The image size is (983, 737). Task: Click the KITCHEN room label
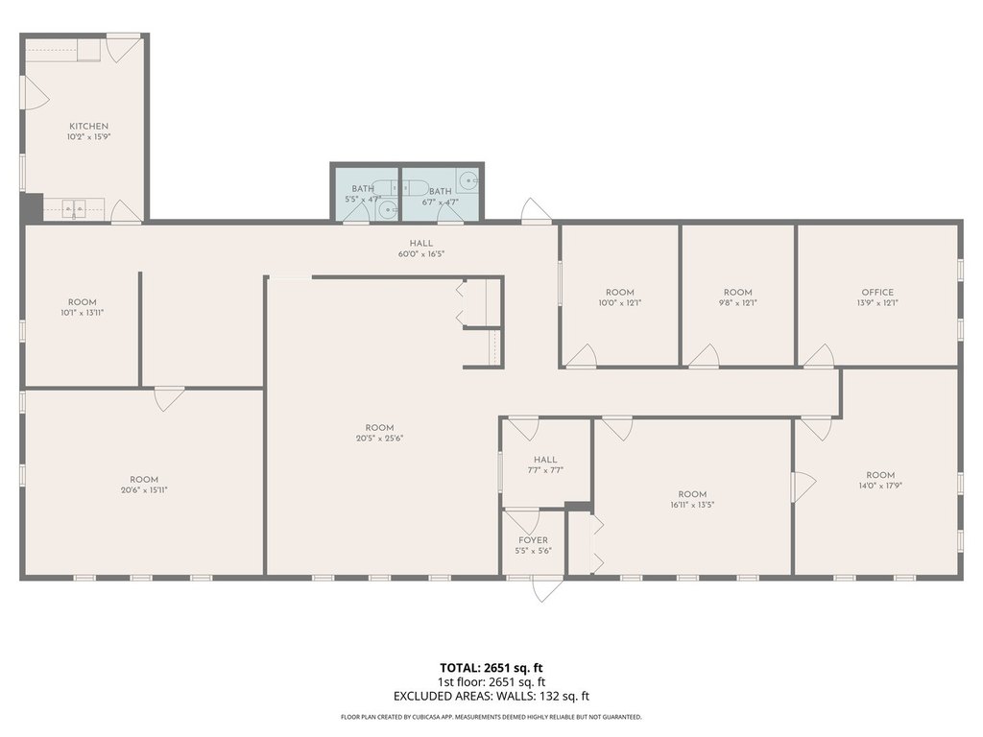[88, 126]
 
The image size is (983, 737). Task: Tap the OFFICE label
[877, 292]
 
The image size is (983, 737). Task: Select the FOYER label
[533, 540]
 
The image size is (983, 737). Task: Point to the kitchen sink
[74, 209]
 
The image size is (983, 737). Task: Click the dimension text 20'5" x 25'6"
[379, 438]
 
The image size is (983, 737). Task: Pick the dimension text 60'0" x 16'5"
[421, 253]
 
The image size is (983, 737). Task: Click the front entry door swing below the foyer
[546, 589]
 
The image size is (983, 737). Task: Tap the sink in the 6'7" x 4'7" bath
[468, 181]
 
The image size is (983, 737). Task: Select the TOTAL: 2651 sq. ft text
[491, 668]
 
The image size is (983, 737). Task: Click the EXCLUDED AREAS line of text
[491, 696]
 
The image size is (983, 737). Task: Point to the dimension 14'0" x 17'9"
[880, 485]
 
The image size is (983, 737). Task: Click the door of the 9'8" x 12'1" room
[705, 355]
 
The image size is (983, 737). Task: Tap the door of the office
[820, 355]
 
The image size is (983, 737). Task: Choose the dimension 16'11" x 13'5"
[692, 504]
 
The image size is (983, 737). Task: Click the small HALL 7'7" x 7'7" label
[545, 464]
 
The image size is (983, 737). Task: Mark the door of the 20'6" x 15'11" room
[169, 398]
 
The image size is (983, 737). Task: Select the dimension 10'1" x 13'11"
[83, 312]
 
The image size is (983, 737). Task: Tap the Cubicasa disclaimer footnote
[491, 717]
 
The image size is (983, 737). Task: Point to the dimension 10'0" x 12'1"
[620, 302]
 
